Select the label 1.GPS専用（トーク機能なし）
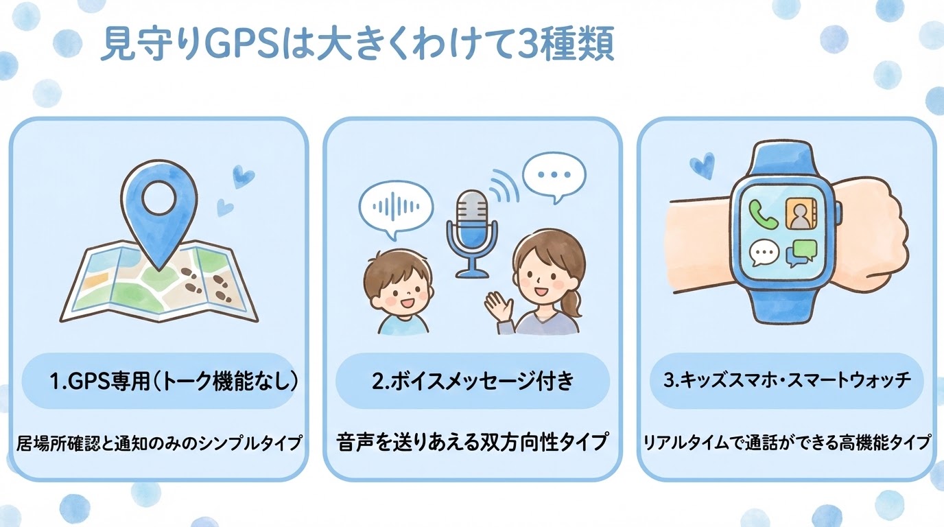[174, 381]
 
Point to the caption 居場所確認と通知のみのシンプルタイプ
[159, 443]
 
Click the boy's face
[398, 287]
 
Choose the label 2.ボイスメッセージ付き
[473, 381]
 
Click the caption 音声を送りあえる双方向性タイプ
[473, 442]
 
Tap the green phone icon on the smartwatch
[763, 214]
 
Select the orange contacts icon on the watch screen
[801, 214]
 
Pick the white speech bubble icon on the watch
[764, 253]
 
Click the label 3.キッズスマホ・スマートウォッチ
[786, 380]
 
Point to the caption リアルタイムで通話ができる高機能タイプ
[787, 443]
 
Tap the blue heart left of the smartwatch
[703, 165]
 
